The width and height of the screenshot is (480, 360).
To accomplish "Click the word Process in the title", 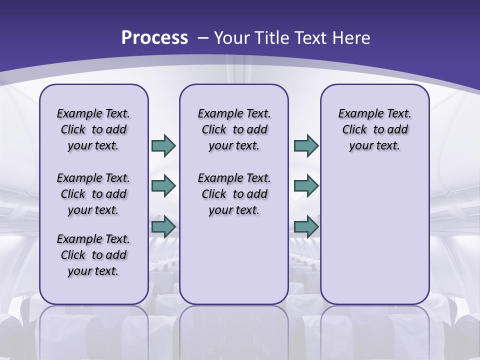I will point(154,37).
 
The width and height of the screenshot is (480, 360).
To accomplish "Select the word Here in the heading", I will point(352,37).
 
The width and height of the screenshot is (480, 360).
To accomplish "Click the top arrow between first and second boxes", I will point(163,145).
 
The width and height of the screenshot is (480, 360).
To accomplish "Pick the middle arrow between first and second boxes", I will point(163,186).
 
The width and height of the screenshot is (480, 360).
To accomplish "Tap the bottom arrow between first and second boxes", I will point(163,227).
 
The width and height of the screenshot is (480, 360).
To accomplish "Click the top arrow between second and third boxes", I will point(306,145).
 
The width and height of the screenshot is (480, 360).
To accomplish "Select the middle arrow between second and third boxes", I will point(306,186).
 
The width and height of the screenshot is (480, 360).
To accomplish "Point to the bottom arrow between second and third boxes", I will point(306,227).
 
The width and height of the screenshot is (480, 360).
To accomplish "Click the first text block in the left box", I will point(93,129).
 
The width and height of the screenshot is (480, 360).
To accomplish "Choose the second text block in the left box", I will point(93,194).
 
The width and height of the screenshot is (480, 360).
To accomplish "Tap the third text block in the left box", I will point(93,255).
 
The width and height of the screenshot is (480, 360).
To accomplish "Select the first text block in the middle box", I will point(234,129).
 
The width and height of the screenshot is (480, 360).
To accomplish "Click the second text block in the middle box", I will point(234,194).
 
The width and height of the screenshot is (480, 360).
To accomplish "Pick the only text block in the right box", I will point(374,129).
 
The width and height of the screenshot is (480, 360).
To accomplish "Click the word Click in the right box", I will point(354,129).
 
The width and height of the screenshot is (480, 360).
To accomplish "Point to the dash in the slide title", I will point(202,37).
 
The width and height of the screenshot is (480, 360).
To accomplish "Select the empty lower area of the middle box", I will point(234,260).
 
